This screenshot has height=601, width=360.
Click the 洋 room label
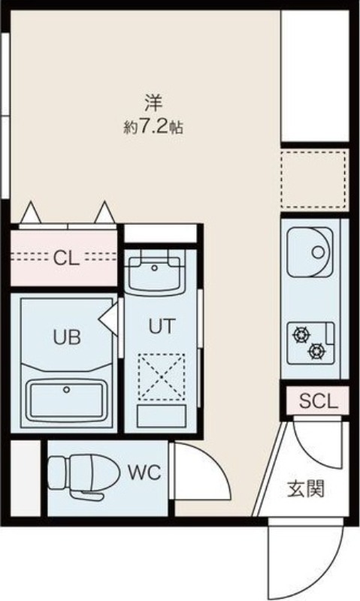[x=153, y=101]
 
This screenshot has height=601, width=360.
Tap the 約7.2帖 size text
[x=153, y=126]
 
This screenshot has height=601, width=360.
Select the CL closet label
[x=65, y=258]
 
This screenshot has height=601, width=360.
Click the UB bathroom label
[x=65, y=337]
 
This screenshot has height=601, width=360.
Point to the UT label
[x=161, y=327]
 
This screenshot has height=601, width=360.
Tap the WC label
[x=143, y=473]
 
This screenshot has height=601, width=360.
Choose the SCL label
[x=319, y=400]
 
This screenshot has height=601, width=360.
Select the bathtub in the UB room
[x=65, y=402]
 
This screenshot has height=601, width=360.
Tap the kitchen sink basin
[x=309, y=252]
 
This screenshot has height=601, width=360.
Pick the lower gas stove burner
[x=317, y=349]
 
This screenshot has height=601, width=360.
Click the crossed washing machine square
[x=160, y=376]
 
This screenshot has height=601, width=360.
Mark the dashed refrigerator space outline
[x=314, y=180]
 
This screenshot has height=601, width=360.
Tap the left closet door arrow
[x=30, y=214]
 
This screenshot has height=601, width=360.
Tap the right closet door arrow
[x=104, y=213]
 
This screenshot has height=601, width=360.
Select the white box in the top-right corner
[x=315, y=75]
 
